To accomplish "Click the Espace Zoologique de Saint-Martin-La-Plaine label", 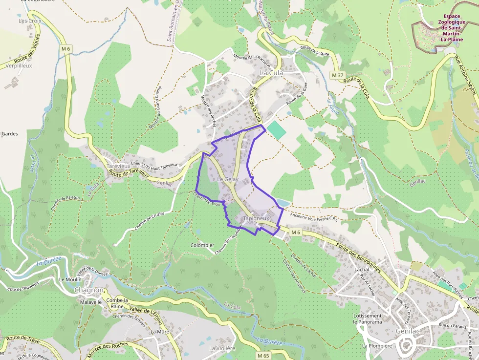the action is click(451, 28).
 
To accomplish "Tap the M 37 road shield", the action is click(337, 75).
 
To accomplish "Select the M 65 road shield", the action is click(263, 356).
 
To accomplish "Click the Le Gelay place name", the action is click(227, 180).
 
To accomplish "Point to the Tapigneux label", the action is click(256, 218).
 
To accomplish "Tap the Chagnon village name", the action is click(89, 290).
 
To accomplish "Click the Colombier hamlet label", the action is click(202, 245).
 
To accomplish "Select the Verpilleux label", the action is click(18, 65).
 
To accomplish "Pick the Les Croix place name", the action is click(30, 21).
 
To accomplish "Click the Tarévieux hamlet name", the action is click(119, 166).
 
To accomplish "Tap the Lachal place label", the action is click(362, 270).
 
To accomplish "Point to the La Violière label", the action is click(222, 348).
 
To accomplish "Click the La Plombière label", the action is click(377, 346).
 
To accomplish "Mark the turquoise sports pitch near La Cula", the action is click(276, 129).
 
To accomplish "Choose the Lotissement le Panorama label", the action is click(368, 319).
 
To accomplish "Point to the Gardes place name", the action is click(10, 133).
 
